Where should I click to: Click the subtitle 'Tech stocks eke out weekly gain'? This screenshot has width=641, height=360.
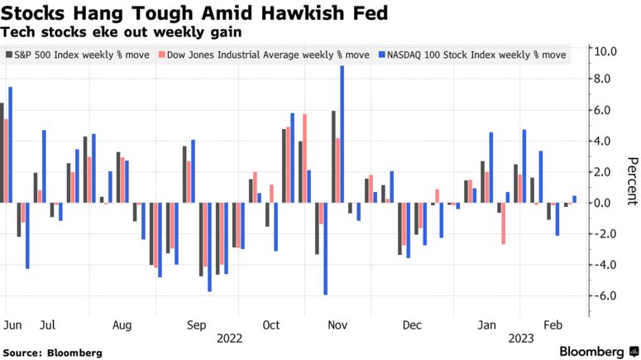122,31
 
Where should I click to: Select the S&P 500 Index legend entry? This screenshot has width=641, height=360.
75,55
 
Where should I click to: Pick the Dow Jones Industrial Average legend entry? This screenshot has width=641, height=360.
262,55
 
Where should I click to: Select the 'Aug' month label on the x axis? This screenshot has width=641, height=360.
122,325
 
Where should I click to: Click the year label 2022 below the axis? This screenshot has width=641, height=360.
229,338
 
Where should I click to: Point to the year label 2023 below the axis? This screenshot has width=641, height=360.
520,338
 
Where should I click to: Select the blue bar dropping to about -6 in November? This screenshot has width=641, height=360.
326,248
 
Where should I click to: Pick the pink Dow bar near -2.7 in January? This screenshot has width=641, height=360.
503,223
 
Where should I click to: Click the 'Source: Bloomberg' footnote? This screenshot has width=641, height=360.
52,353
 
